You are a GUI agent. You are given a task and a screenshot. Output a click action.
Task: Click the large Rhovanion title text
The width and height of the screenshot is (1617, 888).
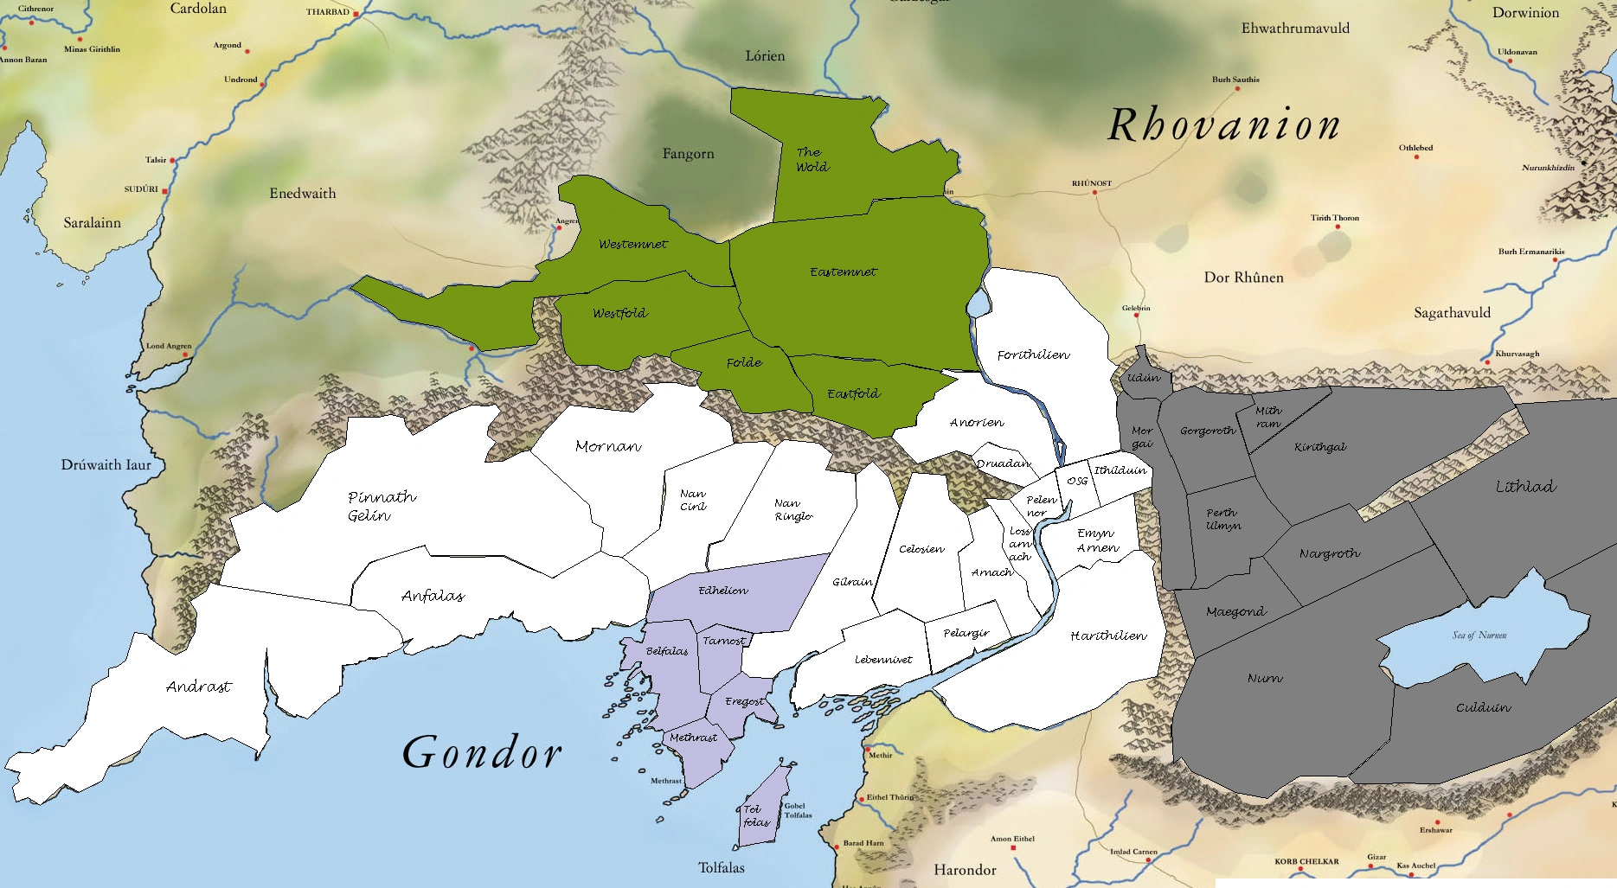(1223, 126)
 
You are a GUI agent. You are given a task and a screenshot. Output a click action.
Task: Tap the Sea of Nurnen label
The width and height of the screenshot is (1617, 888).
(1479, 636)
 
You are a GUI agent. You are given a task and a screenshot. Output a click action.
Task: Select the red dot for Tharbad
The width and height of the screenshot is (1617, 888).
(356, 15)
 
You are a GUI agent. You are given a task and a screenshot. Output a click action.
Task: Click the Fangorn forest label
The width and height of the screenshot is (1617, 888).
(688, 154)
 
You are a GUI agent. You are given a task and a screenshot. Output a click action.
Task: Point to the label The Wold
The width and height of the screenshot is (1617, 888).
(812, 160)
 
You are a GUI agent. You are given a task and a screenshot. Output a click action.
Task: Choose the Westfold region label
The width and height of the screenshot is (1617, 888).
(619, 313)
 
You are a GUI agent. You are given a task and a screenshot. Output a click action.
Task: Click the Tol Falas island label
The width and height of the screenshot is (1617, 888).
(755, 816)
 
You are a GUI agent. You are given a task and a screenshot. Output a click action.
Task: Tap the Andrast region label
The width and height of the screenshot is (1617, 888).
(199, 687)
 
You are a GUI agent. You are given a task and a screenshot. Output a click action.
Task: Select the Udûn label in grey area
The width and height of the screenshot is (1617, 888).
(1143, 378)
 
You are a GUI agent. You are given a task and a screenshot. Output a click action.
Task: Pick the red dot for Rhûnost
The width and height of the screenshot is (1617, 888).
(1094, 192)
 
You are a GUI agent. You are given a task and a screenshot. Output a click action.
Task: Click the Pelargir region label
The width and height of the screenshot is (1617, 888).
(966, 633)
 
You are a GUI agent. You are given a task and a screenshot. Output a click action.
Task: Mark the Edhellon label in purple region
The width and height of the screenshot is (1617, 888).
(723, 591)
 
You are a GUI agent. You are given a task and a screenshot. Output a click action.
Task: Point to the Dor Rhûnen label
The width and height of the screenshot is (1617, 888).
(1243, 278)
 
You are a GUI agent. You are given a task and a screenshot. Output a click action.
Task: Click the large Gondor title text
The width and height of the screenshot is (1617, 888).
(482, 752)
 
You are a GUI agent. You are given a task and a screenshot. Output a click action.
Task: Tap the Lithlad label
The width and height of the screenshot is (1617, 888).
(1525, 487)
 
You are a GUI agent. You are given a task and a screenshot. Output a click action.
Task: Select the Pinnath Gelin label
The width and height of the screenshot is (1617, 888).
(381, 506)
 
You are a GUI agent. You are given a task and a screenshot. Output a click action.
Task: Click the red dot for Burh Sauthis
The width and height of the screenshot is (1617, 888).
(1237, 88)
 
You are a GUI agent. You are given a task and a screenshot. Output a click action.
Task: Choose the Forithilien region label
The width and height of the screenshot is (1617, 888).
(1033, 355)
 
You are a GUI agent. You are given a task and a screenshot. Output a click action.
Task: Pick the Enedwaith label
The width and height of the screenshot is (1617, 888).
(302, 194)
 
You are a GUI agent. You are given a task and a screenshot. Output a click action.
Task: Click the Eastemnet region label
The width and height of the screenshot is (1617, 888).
(843, 272)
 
